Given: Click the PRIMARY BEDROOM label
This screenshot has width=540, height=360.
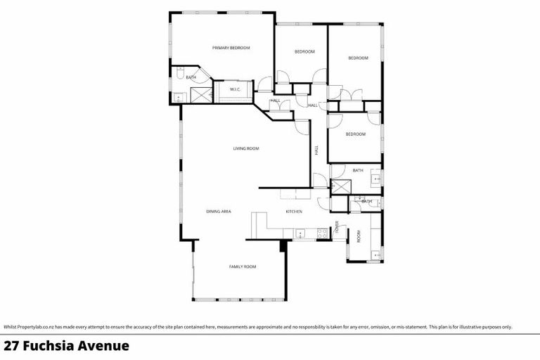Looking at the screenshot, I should pyautogui.click(x=231, y=48).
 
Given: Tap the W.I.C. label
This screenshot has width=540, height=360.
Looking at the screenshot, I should pyautogui.click(x=236, y=89).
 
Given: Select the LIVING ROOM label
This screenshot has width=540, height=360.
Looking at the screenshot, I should pyautogui.click(x=247, y=148).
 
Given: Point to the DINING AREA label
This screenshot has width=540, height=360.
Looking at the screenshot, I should pyautogui.click(x=219, y=211).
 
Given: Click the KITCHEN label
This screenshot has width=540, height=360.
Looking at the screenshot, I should pyautogui.click(x=294, y=211).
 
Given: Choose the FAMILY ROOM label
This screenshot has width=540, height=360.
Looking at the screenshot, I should pyautogui.click(x=242, y=266).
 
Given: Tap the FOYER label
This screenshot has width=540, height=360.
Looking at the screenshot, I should pyautogui.click(x=337, y=226).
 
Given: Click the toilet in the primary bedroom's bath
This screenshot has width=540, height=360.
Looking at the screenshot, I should pyautogui.click(x=181, y=73).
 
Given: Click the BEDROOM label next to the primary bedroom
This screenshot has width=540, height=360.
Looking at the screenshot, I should pyautogui.click(x=304, y=52).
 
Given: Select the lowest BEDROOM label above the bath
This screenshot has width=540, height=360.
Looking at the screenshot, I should pyautogui.click(x=355, y=134).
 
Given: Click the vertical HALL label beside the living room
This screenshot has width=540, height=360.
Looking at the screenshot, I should pyautogui.click(x=317, y=150).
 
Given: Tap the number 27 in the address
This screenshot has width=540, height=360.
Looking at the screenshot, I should pyautogui.click(x=12, y=346).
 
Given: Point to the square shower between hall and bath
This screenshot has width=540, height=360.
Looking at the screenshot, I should pyautogui.click(x=341, y=186).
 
